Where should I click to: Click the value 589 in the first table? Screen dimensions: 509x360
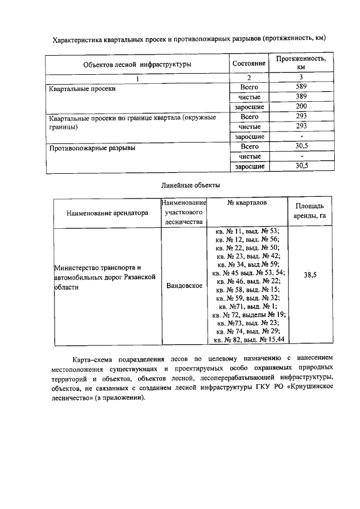coord(302,87)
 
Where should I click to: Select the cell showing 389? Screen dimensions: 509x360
coord(302,97)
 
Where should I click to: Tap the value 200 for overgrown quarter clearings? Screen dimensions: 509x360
coord(302,107)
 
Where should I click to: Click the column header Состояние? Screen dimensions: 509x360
coord(249,64)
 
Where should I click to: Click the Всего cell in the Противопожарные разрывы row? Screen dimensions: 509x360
coord(249,146)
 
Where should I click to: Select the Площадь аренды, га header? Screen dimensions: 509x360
coord(309,211)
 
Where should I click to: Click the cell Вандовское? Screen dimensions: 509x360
coord(184,285)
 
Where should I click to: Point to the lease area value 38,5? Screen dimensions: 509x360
coord(309,275)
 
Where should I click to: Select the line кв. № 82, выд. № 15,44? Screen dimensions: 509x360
coord(247,339)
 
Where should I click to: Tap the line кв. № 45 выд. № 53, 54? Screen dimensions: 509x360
coord(247,272)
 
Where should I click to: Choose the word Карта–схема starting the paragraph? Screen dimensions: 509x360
coord(93,358)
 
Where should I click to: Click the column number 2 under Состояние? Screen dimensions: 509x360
coord(249,77)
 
